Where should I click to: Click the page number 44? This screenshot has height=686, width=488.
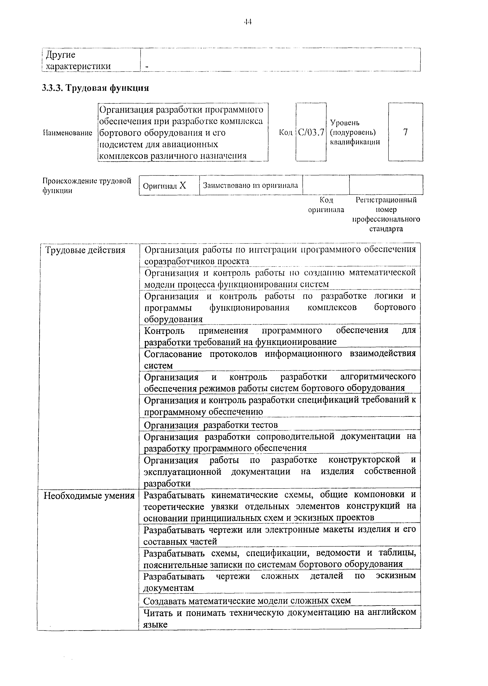247,22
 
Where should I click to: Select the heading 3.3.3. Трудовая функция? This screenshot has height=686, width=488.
95,88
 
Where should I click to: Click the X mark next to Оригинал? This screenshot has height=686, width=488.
183,185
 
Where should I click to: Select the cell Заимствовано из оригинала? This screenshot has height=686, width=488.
251,185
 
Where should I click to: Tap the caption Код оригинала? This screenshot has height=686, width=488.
326,205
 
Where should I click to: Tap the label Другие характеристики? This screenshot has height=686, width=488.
77,60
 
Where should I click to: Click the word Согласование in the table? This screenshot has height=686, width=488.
173,354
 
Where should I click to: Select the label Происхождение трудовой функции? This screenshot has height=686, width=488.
87,185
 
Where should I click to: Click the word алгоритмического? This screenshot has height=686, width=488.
378,377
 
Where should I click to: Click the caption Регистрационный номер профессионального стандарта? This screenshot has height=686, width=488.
386,214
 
